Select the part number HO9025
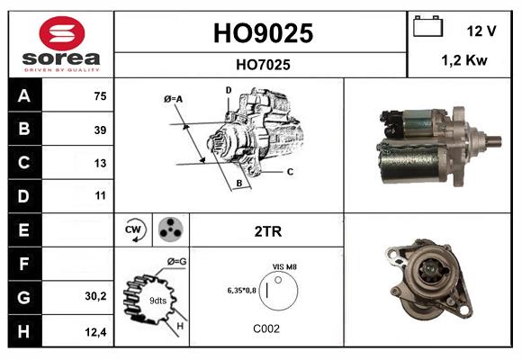point(262,33)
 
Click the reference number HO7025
point(262,65)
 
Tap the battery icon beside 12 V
point(428,27)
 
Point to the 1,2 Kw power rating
point(465,61)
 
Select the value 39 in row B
point(99,130)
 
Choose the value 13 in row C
point(99,163)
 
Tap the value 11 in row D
point(99,195)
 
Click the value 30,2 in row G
point(96,295)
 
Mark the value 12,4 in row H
point(96,332)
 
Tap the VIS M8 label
point(284,267)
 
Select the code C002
point(267,328)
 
